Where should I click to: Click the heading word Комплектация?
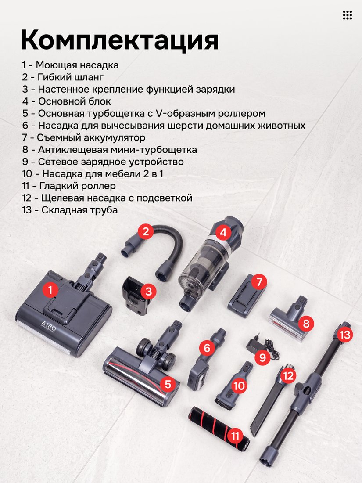pos(120,40)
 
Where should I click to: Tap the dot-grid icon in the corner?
pos(347,15)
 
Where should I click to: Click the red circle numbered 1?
pos(50,290)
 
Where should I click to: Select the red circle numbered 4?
pos(223,232)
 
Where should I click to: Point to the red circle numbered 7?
pos(258,282)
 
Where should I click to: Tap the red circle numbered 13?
pos(345,334)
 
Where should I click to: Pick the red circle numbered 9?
pos(262,357)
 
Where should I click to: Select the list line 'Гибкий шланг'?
pos(63,77)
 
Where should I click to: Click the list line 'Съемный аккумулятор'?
pos(83,137)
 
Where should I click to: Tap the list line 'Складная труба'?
pos(70,210)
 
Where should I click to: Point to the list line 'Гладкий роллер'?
pos(69,186)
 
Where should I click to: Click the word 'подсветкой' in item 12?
pos(164,198)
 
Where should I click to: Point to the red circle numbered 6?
pos(207,348)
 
